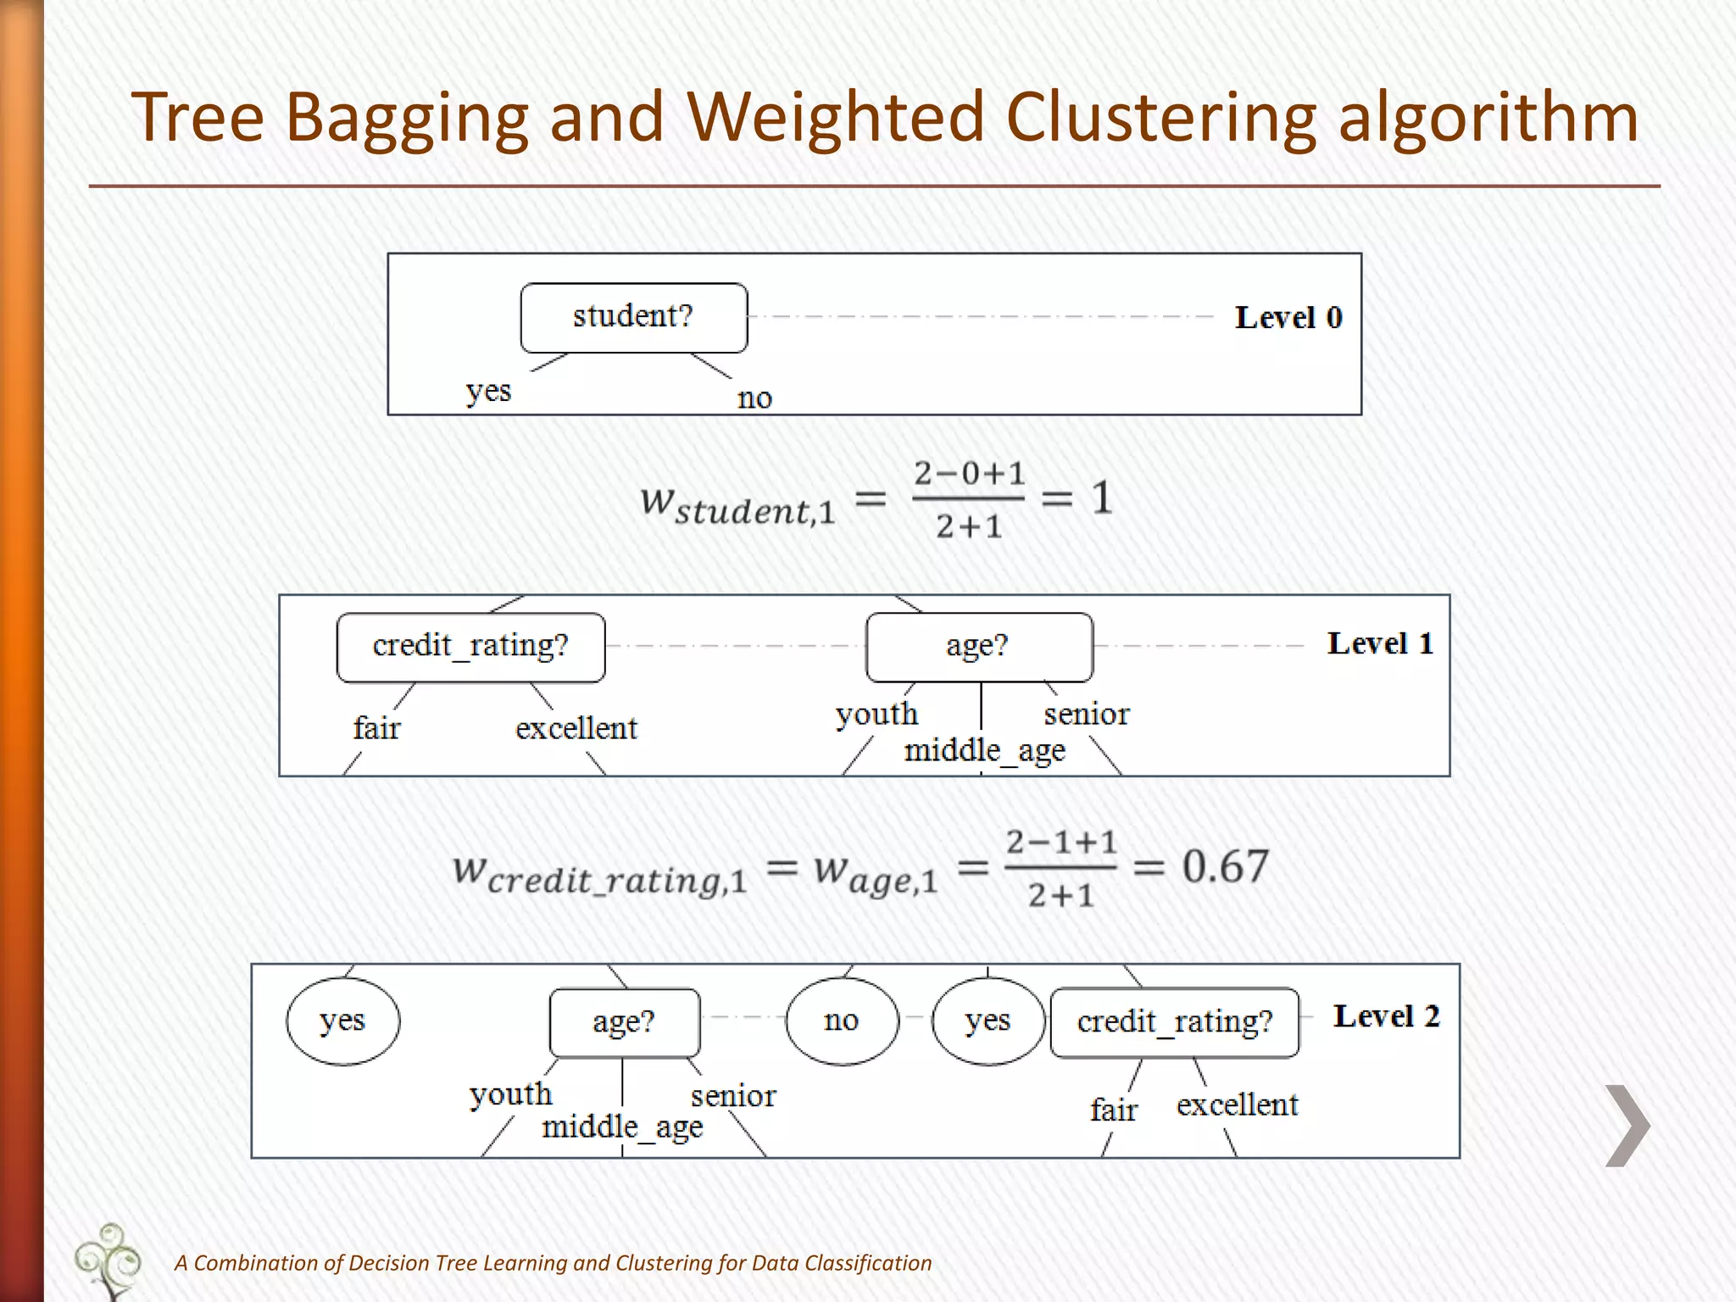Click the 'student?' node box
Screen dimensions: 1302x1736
(x=633, y=317)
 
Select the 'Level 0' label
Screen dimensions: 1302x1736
(x=1288, y=318)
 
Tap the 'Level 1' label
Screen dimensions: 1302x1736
(x=1380, y=643)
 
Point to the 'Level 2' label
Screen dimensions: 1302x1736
(x=1386, y=1015)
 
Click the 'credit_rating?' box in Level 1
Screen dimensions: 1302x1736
(x=470, y=647)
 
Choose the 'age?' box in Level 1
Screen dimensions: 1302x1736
(x=978, y=647)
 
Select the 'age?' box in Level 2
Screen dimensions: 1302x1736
(x=624, y=1022)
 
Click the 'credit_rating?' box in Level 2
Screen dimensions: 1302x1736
(x=1174, y=1022)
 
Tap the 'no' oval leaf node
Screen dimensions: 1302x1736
(x=841, y=1021)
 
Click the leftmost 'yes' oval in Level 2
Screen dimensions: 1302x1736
(x=342, y=1021)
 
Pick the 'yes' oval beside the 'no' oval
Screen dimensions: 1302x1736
(x=988, y=1021)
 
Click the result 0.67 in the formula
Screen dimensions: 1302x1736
(x=1225, y=866)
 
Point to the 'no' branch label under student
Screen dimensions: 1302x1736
(x=754, y=398)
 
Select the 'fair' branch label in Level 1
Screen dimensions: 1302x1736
(x=376, y=728)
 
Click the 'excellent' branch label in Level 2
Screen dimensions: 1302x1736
(x=1237, y=1104)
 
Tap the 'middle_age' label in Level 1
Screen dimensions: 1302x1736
(x=984, y=751)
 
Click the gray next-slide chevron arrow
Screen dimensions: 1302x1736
(x=1627, y=1126)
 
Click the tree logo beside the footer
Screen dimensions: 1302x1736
(x=108, y=1260)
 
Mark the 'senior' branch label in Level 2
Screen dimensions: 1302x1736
(x=733, y=1096)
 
